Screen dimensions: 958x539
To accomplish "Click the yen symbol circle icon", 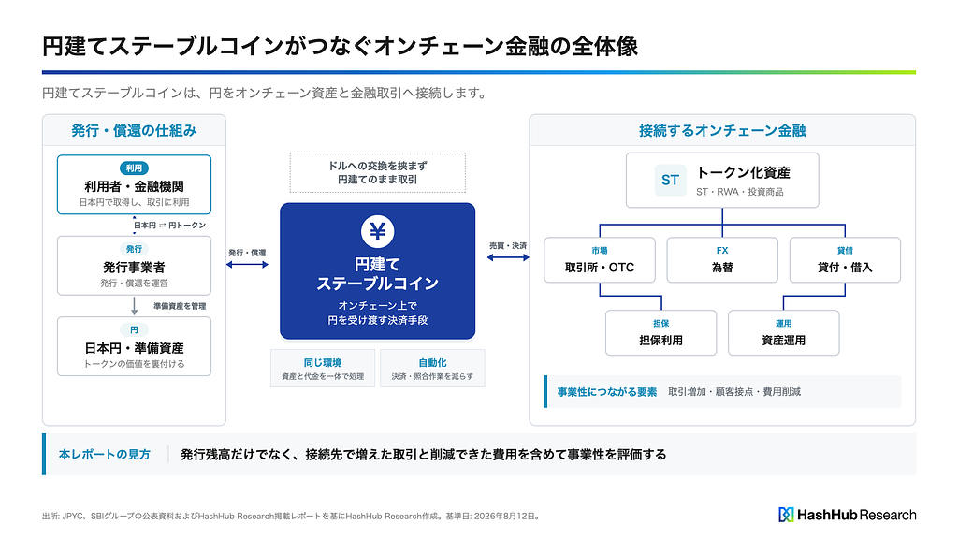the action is pos(378,232).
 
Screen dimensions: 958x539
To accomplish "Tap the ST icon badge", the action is pos(670,181).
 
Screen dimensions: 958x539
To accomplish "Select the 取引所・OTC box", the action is pos(600,260).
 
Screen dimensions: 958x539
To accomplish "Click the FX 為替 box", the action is pos(722,260).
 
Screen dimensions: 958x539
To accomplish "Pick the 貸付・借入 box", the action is pos(845,260).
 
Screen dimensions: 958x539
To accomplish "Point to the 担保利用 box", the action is pos(661,333).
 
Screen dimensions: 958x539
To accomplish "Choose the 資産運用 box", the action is pos(784,333).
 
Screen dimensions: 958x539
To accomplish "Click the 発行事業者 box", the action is pos(135,266).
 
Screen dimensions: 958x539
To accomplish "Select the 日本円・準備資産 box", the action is pos(135,346).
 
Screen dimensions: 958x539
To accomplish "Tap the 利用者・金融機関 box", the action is pos(135,184).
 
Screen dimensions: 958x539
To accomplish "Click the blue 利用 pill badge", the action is pos(134,168).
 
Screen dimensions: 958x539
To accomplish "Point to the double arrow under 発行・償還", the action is pos(247,265).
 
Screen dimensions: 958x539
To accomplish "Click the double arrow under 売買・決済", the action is pos(508,257).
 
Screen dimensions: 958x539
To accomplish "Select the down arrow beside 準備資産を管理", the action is pos(135,306).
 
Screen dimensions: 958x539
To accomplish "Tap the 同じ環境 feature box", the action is pos(323,369).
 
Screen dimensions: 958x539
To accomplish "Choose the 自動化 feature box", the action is pos(432,369).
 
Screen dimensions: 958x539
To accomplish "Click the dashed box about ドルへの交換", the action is pos(378,173).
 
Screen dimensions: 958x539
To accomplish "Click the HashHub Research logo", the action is pos(848,515).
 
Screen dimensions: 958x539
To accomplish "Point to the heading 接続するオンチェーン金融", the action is pos(722,130).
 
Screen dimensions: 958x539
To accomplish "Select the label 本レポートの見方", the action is pos(105,455).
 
